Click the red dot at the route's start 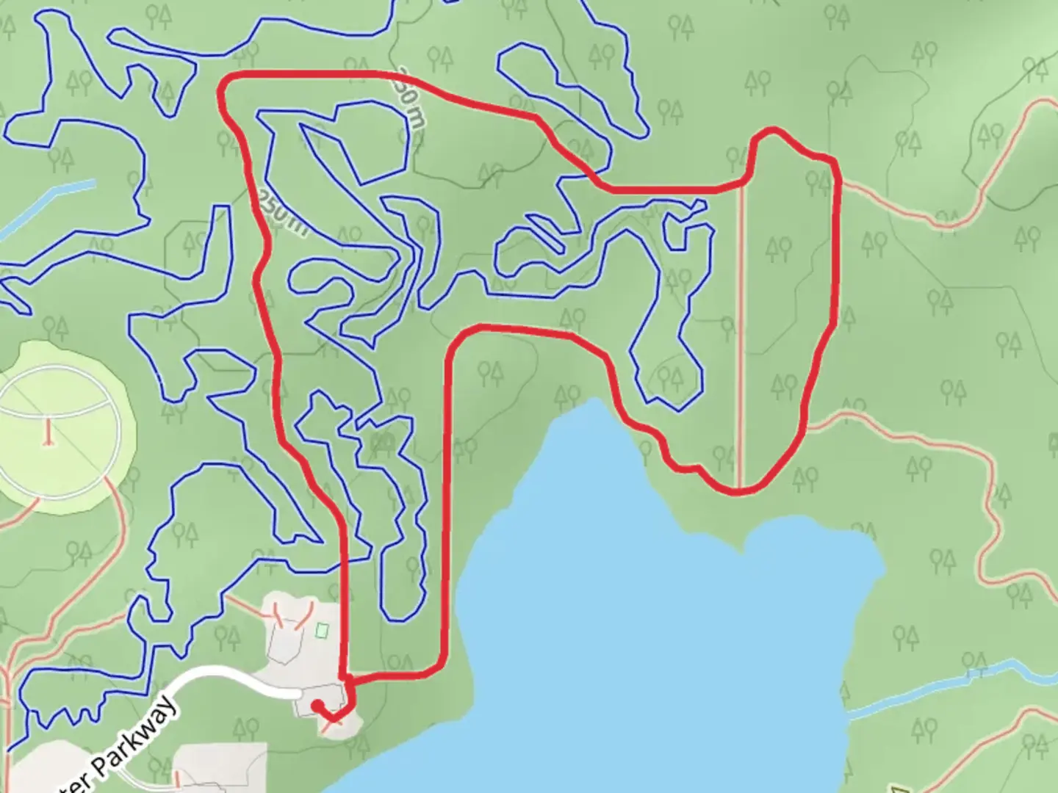[x=317, y=706]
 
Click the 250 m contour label [x=281, y=214]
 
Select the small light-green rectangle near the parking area [x=321, y=630]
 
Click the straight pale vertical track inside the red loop [x=741, y=330]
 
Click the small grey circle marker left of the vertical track [x=727, y=322]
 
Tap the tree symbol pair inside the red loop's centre [x=779, y=250]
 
